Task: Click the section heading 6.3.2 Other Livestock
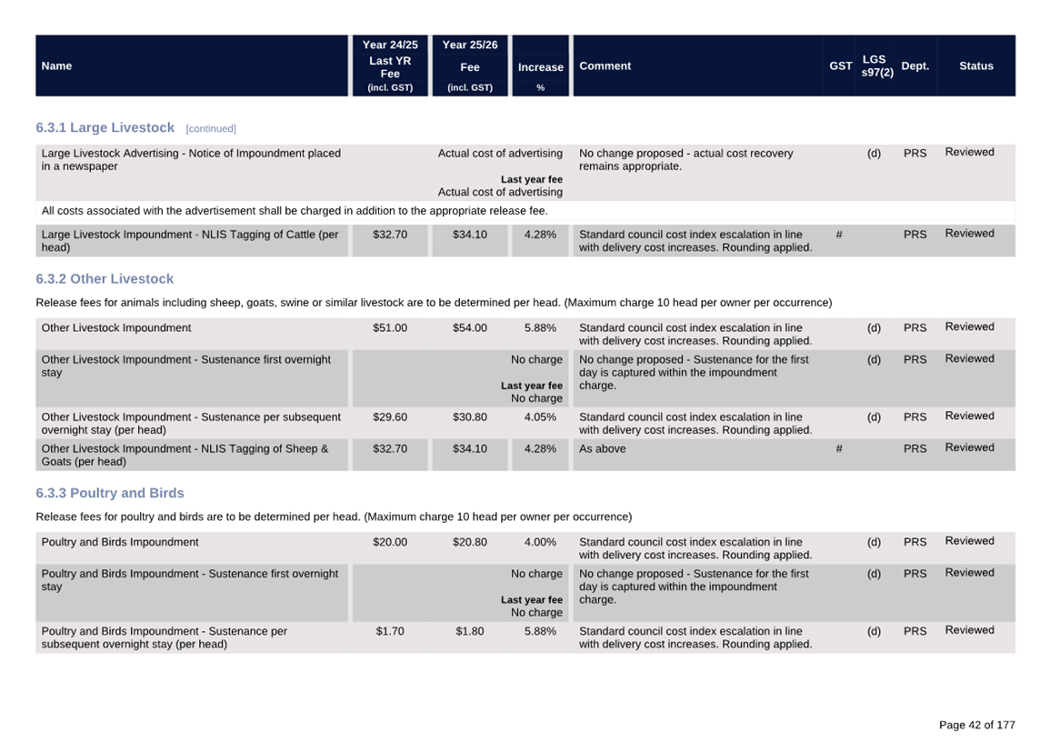[105, 279]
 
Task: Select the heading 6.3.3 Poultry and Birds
[110, 493]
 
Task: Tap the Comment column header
[605, 66]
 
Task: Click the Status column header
[975, 66]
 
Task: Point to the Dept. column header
[915, 66]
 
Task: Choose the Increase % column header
[540, 68]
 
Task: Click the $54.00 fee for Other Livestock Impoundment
[469, 328]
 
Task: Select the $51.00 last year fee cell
[389, 328]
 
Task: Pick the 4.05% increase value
[540, 417]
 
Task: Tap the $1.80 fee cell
[469, 631]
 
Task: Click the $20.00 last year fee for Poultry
[389, 542]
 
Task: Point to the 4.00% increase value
[540, 542]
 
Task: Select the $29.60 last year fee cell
[389, 417]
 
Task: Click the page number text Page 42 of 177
[976, 725]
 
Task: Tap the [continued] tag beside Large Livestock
[211, 129]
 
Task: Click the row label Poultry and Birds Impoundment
[120, 542]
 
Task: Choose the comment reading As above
[602, 448]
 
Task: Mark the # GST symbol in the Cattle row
[838, 235]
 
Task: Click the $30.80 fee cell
[469, 417]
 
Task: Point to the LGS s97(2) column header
[876, 65]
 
